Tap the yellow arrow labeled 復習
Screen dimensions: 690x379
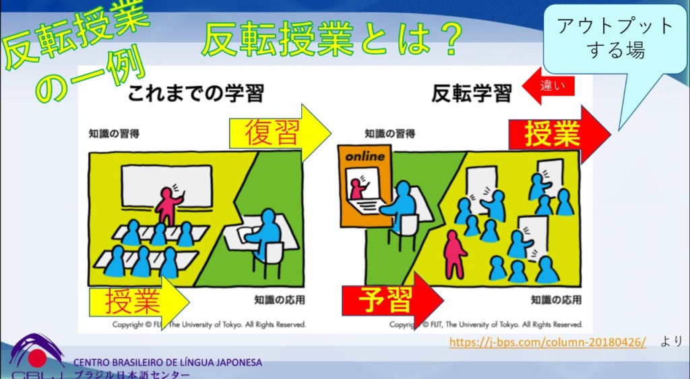280,133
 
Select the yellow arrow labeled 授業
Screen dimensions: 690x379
139,302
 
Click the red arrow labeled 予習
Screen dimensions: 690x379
392,301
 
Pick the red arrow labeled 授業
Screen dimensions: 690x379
559,134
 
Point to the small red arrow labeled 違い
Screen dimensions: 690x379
548,85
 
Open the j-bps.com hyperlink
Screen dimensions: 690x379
548,341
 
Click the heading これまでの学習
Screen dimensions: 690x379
196,93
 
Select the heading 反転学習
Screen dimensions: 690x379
472,93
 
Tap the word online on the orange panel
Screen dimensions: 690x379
365,157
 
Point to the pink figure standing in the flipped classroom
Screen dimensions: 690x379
455,254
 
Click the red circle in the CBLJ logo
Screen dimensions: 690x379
38,358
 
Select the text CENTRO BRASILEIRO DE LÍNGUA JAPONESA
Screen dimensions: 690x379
168,363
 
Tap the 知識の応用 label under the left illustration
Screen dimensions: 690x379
280,300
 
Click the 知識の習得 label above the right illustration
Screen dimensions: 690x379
390,134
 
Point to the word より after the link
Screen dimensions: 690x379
672,341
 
